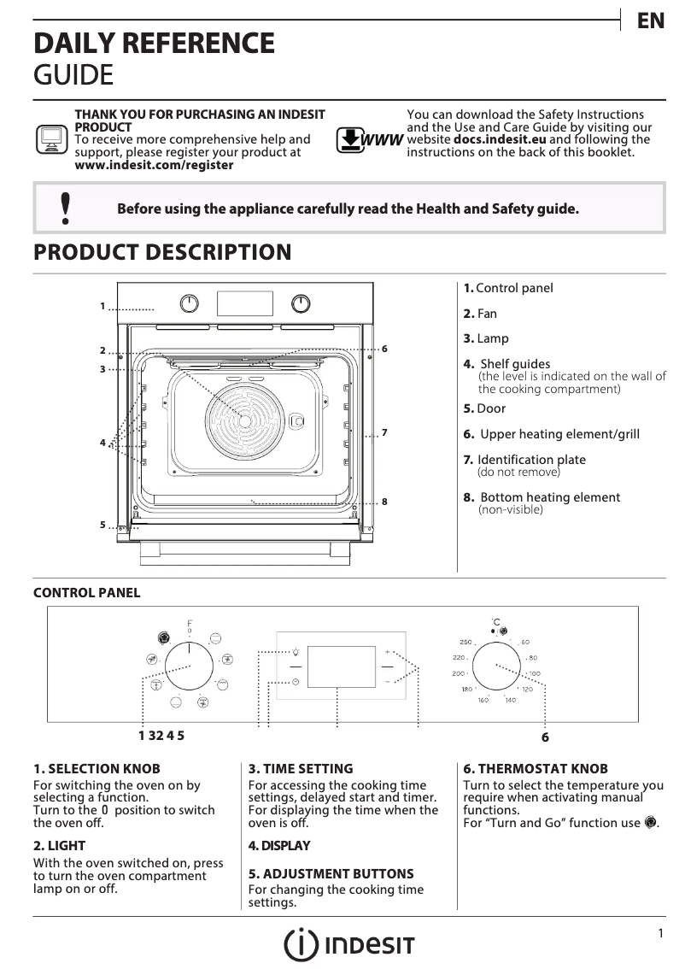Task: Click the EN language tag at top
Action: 651,21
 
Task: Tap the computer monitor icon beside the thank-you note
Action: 52,138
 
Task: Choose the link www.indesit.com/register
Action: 154,165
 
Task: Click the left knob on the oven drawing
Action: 190,303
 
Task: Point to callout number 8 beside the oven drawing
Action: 385,502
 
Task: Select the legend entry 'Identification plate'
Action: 530,460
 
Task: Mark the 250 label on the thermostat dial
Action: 465,642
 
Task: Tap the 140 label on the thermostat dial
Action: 510,701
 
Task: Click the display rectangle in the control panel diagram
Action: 341,666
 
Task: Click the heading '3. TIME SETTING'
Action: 300,769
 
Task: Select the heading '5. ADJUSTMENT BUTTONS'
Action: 331,874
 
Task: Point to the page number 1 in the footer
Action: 660,934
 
